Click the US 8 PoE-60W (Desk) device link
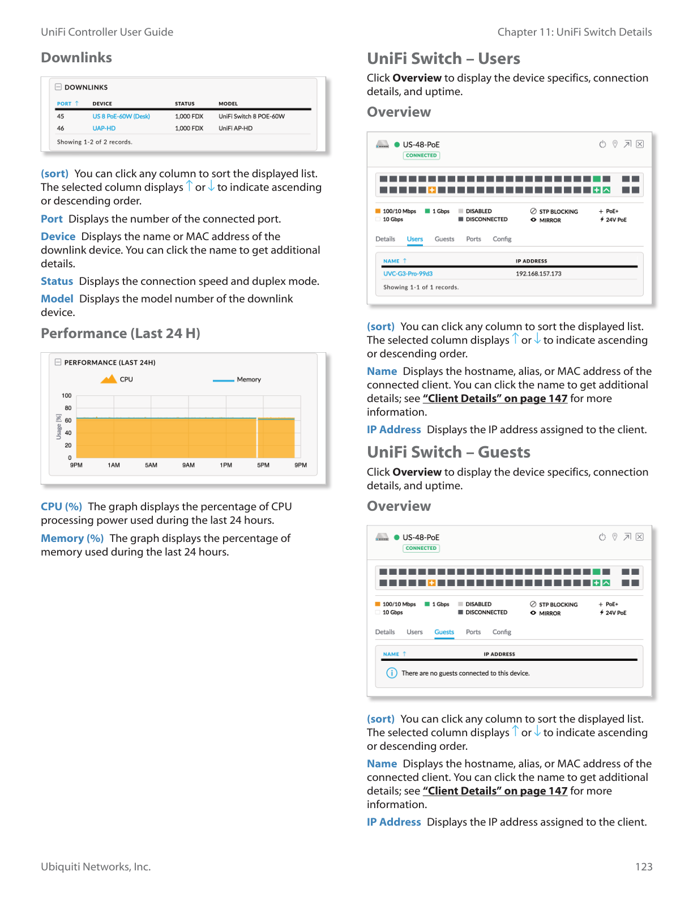pos(121,117)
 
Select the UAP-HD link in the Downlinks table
pos(104,129)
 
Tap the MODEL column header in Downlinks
pos(228,104)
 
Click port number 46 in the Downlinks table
pos(61,129)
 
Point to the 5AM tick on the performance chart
pos(151,465)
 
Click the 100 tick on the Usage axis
pos(67,396)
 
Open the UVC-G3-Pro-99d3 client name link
pos(408,274)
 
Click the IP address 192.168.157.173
pos(538,274)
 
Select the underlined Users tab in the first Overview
pos(415,239)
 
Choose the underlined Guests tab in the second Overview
pos(444,632)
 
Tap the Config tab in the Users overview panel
pos(502,239)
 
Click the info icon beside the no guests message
pos(392,673)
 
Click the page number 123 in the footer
pos(644,867)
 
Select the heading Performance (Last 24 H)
pos(121,334)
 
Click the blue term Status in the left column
pos(57,281)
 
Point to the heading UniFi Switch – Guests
pos(448,452)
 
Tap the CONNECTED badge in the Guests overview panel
pos(421,548)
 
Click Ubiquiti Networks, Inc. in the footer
pos(96,867)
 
